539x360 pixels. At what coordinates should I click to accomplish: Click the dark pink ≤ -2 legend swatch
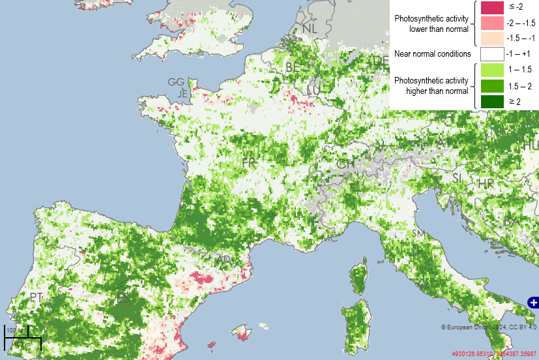click(x=492, y=8)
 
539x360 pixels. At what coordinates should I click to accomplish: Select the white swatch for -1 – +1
click(x=492, y=53)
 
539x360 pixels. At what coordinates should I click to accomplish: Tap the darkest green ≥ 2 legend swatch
click(x=492, y=101)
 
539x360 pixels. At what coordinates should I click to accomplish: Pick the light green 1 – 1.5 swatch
click(x=492, y=70)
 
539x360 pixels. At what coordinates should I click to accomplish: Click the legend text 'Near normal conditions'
click(x=432, y=53)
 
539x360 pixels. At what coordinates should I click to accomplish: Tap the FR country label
click(x=248, y=162)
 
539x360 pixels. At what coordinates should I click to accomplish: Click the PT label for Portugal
click(x=36, y=297)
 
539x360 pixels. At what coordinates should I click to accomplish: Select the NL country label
click(x=310, y=28)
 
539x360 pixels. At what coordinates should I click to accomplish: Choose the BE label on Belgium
click(x=293, y=67)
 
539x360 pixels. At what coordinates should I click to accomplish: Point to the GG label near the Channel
click(x=176, y=82)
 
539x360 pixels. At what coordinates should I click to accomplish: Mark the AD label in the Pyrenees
click(x=224, y=260)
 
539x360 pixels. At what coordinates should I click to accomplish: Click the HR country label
click(x=486, y=185)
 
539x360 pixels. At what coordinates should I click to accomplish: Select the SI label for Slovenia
click(x=457, y=178)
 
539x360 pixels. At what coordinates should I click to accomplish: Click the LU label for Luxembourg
click(x=313, y=89)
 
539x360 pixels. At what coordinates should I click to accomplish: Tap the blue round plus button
click(x=533, y=302)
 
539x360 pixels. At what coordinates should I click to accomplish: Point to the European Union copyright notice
click(x=488, y=327)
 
